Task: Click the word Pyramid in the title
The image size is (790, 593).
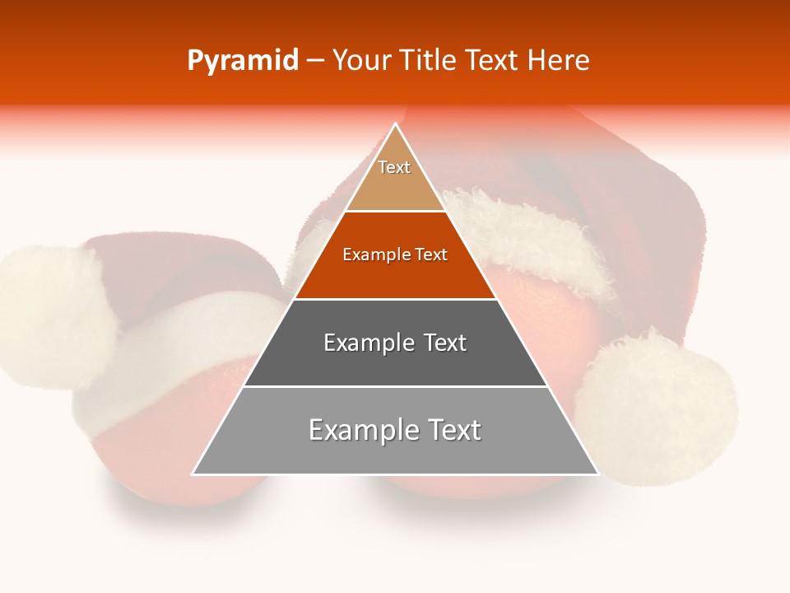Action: click(243, 61)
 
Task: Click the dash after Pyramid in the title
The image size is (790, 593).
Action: click(314, 61)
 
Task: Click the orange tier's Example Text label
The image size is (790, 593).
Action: click(395, 255)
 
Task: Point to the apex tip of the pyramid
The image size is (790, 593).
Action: click(395, 124)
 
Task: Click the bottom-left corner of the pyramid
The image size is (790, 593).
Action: click(193, 474)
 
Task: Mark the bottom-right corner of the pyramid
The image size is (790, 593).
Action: click(597, 474)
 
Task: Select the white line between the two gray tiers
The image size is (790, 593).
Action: click(395, 386)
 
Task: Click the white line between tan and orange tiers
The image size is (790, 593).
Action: click(395, 212)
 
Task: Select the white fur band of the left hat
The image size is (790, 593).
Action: click(189, 338)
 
